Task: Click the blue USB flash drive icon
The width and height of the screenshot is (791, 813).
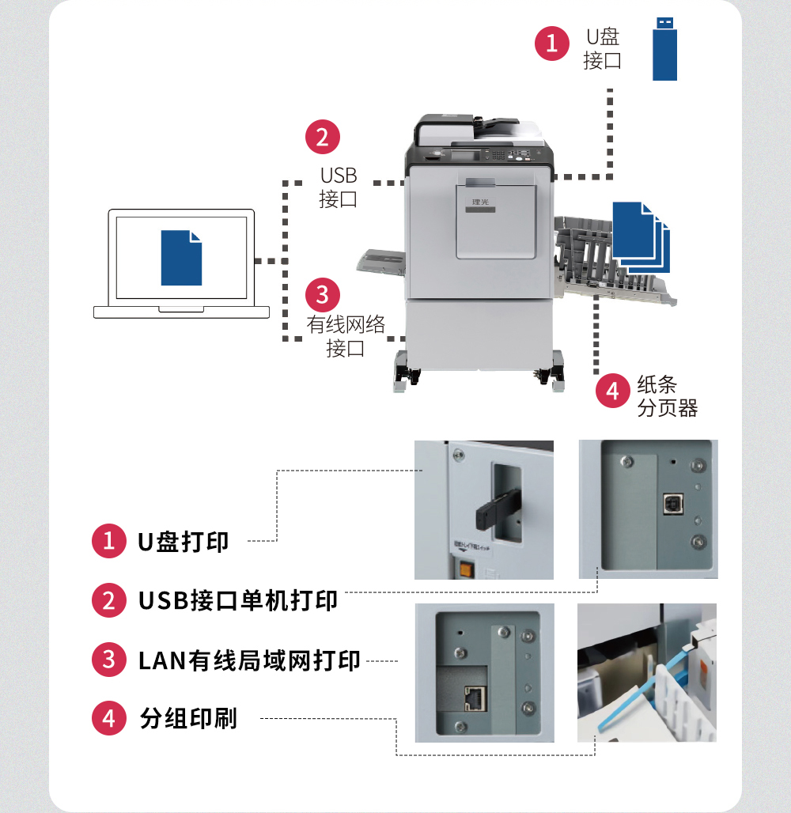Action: (664, 48)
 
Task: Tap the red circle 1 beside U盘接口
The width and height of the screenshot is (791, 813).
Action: (551, 43)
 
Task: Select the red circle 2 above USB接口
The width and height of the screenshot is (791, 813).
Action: (322, 137)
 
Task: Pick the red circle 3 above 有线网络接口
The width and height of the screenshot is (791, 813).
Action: (322, 294)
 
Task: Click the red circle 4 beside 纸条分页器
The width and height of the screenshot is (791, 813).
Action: (612, 391)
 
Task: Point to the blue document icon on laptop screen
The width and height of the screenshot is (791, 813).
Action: (181, 258)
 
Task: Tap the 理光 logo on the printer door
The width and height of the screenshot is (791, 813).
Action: (481, 202)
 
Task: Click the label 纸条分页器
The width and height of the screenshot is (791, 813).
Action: (668, 396)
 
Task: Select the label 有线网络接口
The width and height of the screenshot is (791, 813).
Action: (346, 335)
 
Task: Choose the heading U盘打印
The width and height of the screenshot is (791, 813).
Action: (183, 542)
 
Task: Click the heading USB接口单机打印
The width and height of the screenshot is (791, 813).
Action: (238, 600)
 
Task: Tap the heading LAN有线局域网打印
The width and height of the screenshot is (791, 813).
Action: (249, 660)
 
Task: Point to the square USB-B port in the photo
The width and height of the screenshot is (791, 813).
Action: (673, 504)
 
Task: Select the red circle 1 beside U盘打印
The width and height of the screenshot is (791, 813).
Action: (109, 542)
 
